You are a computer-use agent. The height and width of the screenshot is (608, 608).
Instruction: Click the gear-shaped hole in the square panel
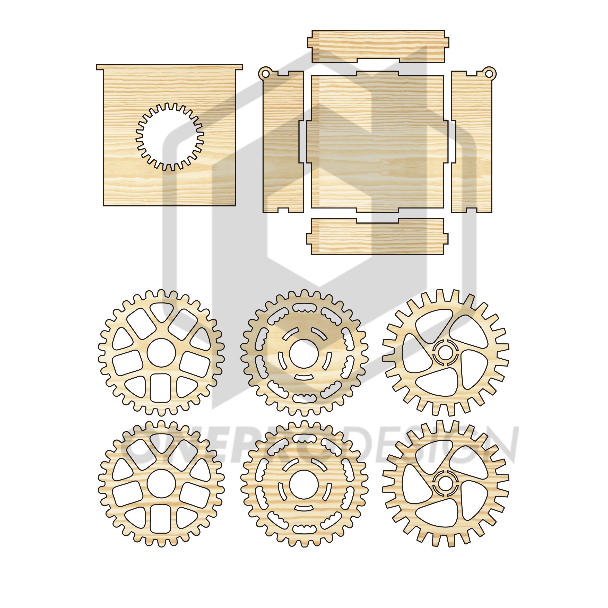[170, 137]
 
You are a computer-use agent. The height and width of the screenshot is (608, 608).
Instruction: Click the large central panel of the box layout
[377, 142]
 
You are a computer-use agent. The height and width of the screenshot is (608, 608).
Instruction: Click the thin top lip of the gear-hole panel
[169, 67]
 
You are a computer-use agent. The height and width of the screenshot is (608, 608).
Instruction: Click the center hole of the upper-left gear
[161, 352]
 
